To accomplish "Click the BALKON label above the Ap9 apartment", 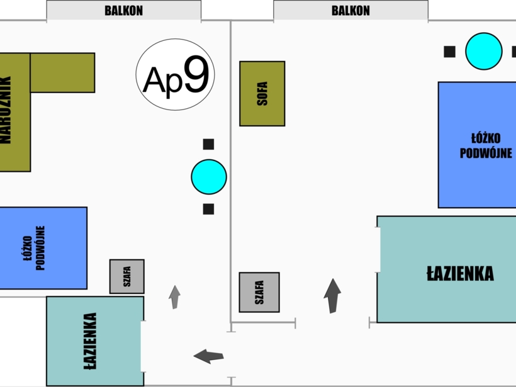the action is (x=124, y=11).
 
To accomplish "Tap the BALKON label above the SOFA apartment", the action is (x=351, y=11).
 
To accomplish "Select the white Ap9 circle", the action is (x=175, y=74).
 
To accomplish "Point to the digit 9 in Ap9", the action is (x=196, y=74).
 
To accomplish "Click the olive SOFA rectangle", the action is (x=262, y=94).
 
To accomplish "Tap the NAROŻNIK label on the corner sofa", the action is (x=6, y=110).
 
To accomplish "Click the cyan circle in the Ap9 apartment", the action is (x=209, y=177).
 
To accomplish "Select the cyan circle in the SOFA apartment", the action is (x=484, y=51).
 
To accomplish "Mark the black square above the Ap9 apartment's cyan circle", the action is (x=209, y=144).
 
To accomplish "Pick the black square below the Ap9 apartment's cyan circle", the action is (x=209, y=209).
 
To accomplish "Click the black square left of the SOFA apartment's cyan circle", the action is (x=450, y=52).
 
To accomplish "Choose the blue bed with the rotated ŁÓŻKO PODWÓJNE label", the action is (x=43, y=248).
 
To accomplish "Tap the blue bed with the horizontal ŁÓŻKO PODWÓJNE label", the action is (x=477, y=145).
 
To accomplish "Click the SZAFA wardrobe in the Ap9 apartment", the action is (x=127, y=276).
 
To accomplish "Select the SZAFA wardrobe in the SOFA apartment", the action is (x=259, y=292).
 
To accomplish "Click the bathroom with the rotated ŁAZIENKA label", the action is (x=95, y=341).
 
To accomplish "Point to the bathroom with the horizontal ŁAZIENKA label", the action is (x=447, y=269).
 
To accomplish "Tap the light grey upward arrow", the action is (x=175, y=297).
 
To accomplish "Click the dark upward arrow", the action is (x=332, y=296).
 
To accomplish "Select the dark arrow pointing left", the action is (x=209, y=356).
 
